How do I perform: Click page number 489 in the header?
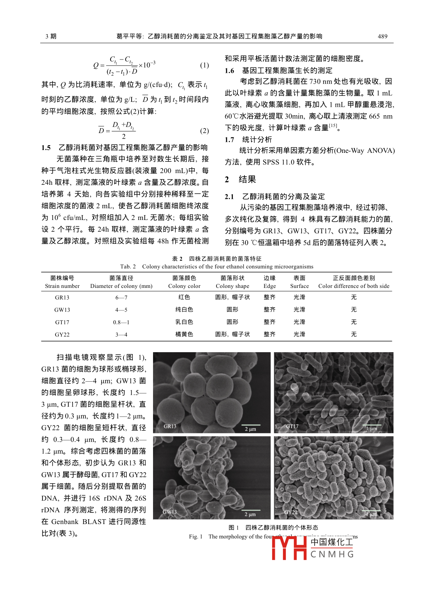pyautogui.click(x=382, y=36)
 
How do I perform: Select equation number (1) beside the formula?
pyautogui.click(x=204, y=65)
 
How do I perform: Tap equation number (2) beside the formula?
pyautogui.click(x=204, y=131)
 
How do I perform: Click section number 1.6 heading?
pyautogui.click(x=230, y=71)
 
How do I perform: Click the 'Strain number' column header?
pyautogui.click(x=62, y=286)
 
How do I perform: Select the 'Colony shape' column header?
pyautogui.click(x=232, y=286)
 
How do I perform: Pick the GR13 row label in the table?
pyautogui.click(x=62, y=298)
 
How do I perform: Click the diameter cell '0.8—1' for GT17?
pyautogui.click(x=121, y=322)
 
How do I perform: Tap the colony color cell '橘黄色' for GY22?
pyautogui.click(x=184, y=334)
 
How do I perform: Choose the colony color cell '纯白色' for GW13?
pyautogui.click(x=184, y=310)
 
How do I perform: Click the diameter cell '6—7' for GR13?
pyautogui.click(x=121, y=298)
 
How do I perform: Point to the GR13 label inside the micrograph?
pyautogui.click(x=170, y=426)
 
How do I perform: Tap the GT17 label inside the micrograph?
pyautogui.click(x=292, y=426)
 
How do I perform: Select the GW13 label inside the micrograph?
pyautogui.click(x=170, y=512)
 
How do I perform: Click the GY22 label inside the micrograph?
pyautogui.click(x=291, y=512)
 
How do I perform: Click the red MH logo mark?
pyautogui.click(x=289, y=548)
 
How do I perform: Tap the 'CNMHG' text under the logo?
pyautogui.click(x=332, y=554)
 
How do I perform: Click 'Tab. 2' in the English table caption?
pyautogui.click(x=128, y=266)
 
